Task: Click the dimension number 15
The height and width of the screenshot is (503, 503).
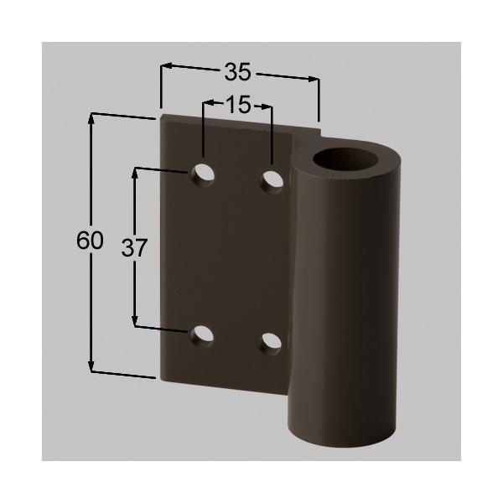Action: coord(238,106)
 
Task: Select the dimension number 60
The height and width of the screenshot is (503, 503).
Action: coord(90,241)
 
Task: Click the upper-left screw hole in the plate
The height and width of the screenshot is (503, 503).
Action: coord(202,174)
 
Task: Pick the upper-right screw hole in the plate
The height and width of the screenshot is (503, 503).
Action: coord(272,179)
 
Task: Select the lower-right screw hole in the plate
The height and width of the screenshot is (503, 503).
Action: coord(270,340)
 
